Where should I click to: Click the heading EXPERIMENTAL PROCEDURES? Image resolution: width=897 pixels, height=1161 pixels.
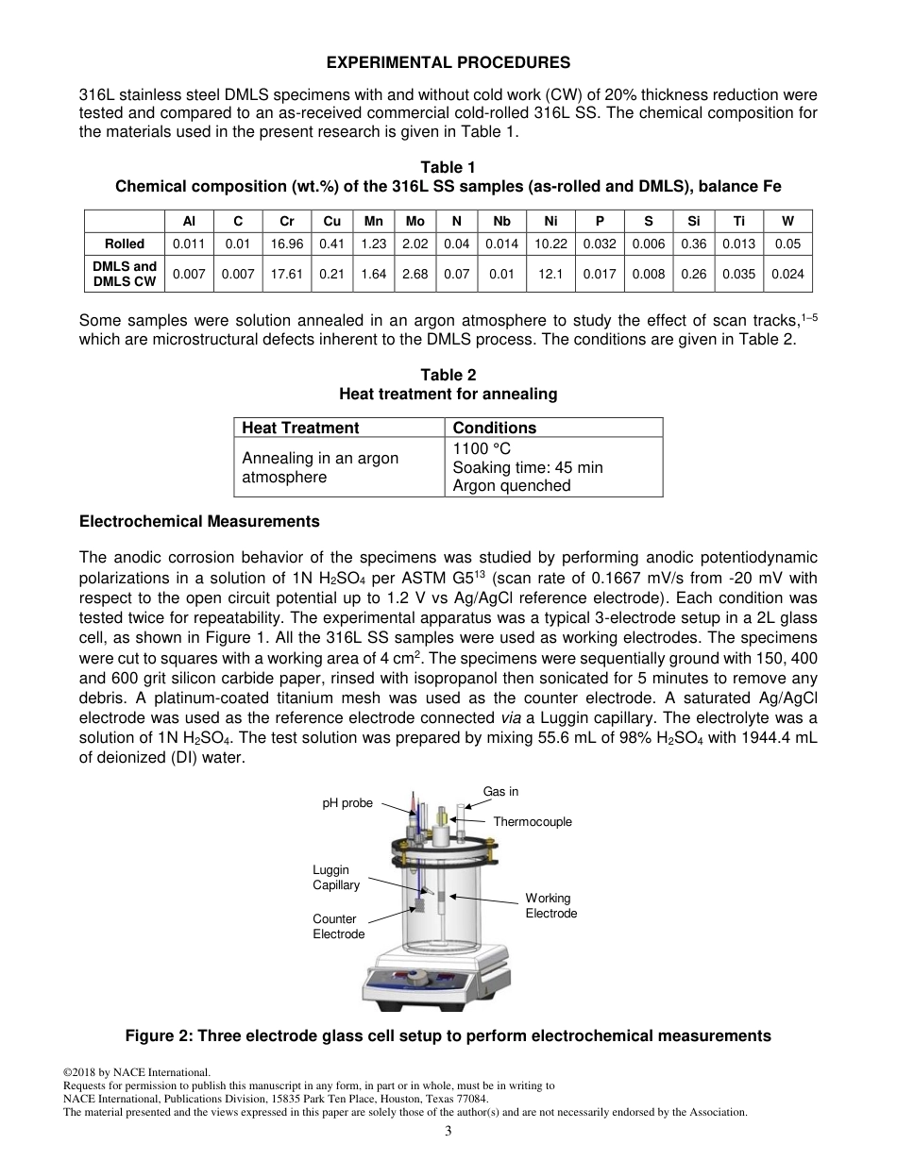448,63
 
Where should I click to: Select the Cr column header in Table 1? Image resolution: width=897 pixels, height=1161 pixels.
286,221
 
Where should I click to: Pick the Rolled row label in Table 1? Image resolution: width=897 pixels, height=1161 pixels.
124,244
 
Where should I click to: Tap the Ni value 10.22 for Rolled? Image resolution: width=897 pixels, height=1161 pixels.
550,244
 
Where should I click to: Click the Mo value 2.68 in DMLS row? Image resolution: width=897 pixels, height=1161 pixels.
415,275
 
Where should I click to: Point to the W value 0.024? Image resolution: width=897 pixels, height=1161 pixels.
787,275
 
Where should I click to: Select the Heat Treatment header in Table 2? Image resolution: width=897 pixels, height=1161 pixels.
300,428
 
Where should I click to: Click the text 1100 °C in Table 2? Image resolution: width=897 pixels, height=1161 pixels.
482,448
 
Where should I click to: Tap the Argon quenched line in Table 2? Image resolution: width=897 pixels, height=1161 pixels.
512,486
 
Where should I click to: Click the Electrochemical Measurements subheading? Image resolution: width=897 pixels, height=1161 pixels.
199,521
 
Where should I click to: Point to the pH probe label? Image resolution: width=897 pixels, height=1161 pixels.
347,803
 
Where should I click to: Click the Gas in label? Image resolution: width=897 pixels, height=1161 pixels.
500,791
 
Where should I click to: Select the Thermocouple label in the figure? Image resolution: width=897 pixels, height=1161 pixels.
533,822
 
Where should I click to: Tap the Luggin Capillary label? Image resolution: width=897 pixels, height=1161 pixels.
336,878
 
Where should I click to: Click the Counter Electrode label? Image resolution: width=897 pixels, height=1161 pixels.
338,926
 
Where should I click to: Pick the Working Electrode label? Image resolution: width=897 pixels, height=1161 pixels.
550,906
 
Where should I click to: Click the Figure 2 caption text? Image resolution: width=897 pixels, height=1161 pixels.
448,1036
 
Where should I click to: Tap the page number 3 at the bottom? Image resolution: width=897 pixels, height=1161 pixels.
448,1133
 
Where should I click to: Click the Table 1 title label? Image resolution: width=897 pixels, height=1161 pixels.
448,168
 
